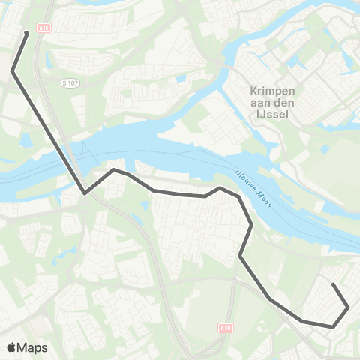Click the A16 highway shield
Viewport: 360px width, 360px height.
[x=44, y=26]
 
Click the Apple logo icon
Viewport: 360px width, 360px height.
[x=12, y=347]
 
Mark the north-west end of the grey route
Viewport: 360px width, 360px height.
[x=27, y=33]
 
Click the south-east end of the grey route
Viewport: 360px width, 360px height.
[x=333, y=285]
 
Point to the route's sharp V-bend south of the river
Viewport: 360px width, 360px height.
[x=85, y=193]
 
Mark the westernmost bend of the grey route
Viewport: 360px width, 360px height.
[x=13, y=71]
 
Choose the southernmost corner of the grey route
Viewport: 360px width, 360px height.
[x=332, y=327]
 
